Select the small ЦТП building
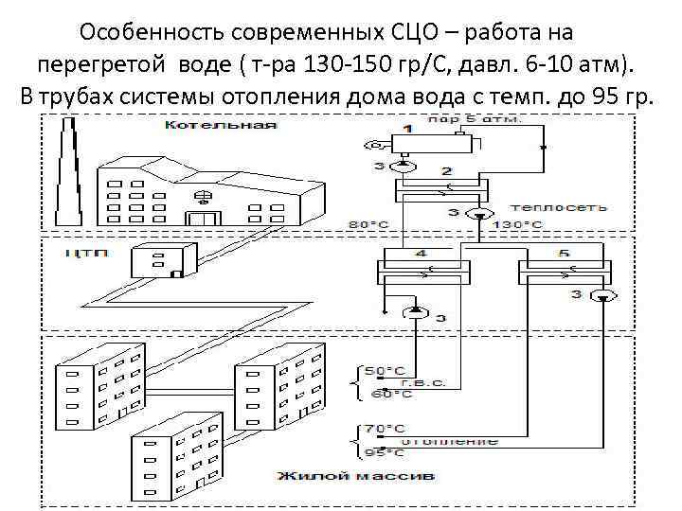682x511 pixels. pos(163,259)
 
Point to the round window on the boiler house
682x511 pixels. pos(202,197)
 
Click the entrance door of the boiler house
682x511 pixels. pos(202,219)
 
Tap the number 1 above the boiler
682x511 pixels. pos(408,127)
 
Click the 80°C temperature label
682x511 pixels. pos(368,224)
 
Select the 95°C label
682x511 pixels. pos(380,451)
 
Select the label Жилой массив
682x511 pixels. pos(355,473)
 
